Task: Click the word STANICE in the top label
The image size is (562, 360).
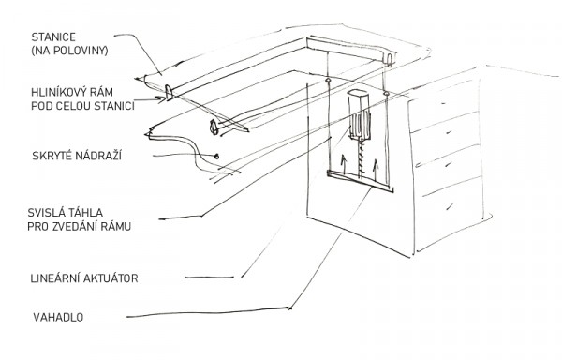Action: click(53, 37)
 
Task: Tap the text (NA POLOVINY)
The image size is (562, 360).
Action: click(69, 51)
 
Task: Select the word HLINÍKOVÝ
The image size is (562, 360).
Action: click(58, 92)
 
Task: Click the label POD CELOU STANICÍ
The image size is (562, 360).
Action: click(82, 106)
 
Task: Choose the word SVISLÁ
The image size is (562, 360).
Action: click(44, 213)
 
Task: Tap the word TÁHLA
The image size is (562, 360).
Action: click(84, 213)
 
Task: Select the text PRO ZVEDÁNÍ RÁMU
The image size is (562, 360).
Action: click(80, 227)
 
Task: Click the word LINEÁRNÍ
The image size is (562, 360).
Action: click(55, 278)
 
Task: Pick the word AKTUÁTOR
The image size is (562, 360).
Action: click(111, 278)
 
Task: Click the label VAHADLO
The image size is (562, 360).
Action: click(58, 317)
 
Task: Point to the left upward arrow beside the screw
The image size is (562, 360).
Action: click(344, 164)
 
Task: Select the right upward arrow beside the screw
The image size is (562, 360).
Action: click(376, 171)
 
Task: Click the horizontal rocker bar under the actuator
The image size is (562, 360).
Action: click(361, 182)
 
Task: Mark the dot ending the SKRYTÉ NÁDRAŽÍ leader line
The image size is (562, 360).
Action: click(216, 156)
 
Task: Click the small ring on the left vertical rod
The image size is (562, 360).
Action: click(327, 80)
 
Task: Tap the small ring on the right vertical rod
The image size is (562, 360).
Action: click(386, 94)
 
